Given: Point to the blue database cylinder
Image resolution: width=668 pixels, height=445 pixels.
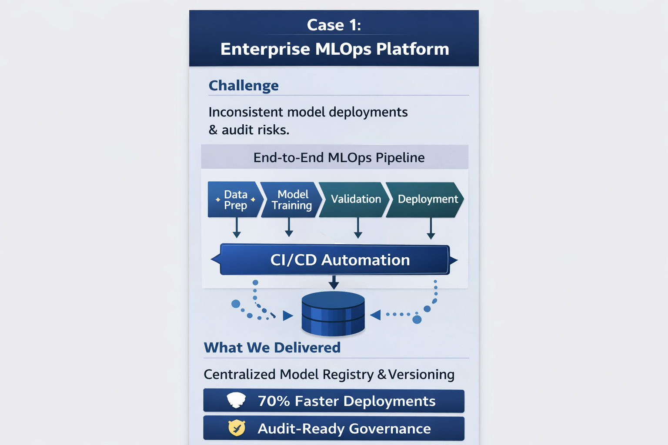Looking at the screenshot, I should pos(333,314).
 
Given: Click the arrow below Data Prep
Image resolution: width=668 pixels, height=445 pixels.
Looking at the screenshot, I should pos(237,228).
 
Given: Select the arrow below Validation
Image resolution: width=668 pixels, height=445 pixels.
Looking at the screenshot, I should pos(358,228).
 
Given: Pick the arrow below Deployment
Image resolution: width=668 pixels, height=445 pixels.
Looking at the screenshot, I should pos(431,228).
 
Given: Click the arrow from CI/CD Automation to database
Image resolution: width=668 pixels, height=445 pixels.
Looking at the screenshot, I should pos(334,282).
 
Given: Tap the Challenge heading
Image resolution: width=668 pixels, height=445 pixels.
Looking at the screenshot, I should pos(244,86).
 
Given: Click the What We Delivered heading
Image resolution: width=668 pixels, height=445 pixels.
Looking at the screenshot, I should pos(272,348).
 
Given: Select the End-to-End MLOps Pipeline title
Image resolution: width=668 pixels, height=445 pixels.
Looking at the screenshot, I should pos(339,157).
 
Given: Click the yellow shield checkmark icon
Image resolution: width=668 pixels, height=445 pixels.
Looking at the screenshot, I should pos(237,428).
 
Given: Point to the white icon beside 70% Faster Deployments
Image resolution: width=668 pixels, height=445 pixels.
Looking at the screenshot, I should pos(237,400).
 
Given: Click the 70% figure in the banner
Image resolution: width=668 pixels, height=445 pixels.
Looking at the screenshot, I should pos(274,401).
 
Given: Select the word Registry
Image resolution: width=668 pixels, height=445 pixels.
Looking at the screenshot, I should pos(348,375).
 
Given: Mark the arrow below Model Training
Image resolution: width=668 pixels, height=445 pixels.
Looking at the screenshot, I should pos(289,227).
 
